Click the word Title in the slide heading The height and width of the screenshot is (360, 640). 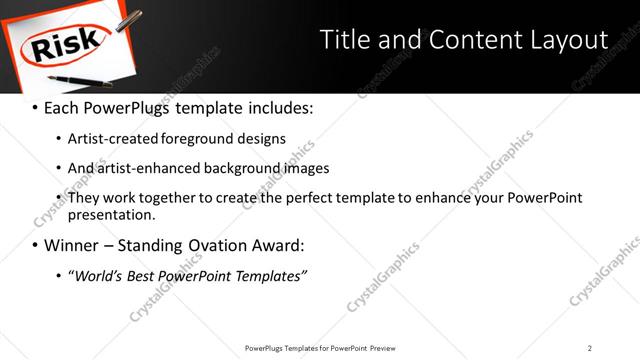[x=345, y=39]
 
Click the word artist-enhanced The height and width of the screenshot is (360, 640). [x=146, y=169]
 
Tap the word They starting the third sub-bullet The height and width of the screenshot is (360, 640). [x=83, y=198]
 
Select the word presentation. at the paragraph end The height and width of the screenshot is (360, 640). [x=112, y=214]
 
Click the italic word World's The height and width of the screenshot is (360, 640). [x=98, y=276]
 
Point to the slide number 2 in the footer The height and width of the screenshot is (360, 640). [x=590, y=347]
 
